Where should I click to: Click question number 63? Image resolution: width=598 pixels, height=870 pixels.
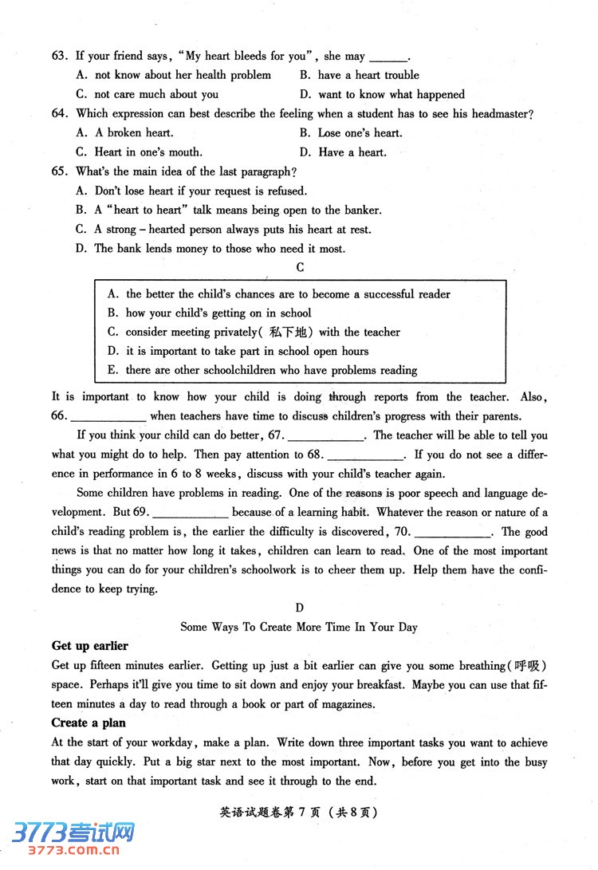(59, 56)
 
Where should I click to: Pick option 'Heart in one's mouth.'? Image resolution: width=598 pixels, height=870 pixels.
(140, 152)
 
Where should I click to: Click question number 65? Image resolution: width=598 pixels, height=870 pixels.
(59, 171)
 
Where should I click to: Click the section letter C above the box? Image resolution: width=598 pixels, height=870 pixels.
(300, 268)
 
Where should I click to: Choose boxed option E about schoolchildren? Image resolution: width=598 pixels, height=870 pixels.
(263, 370)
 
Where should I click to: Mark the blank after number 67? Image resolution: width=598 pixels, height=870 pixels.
(325, 436)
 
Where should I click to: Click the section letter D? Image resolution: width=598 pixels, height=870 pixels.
(300, 608)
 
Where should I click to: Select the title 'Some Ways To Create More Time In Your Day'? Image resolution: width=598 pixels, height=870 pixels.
(299, 627)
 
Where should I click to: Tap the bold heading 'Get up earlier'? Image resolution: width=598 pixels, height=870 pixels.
(89, 646)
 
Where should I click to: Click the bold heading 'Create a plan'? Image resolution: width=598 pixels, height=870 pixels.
(89, 722)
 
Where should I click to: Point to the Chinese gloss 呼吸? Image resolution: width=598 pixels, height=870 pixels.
(529, 666)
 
